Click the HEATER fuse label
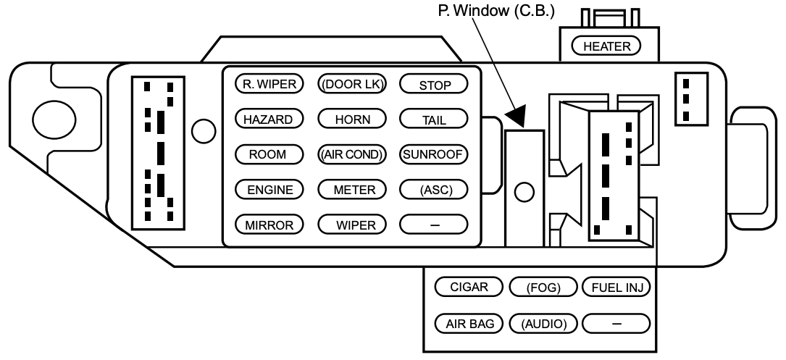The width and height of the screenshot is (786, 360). [606, 46]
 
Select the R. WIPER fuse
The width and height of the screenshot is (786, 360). [269, 84]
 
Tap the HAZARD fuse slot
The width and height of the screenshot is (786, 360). [269, 120]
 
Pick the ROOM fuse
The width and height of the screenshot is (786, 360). [269, 154]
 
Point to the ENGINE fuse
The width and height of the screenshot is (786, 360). [269, 190]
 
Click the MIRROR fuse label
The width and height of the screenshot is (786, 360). [269, 225]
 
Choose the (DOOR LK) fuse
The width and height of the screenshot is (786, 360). [352, 84]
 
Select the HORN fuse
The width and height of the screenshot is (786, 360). [352, 120]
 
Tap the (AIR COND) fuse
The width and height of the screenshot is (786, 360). [352, 154]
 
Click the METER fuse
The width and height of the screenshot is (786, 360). [352, 190]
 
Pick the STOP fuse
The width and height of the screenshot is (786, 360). [434, 84]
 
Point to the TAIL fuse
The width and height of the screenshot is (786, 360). [434, 120]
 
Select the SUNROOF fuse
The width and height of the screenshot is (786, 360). [434, 154]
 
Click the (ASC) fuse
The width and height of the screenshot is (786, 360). [434, 190]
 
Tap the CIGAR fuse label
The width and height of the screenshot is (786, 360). [469, 287]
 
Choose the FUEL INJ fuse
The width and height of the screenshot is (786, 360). [616, 288]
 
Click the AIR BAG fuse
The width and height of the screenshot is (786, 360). [469, 323]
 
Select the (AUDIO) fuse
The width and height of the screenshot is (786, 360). [544, 323]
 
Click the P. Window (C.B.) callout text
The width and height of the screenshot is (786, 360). [496, 11]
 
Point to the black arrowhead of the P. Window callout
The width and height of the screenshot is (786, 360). [517, 116]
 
